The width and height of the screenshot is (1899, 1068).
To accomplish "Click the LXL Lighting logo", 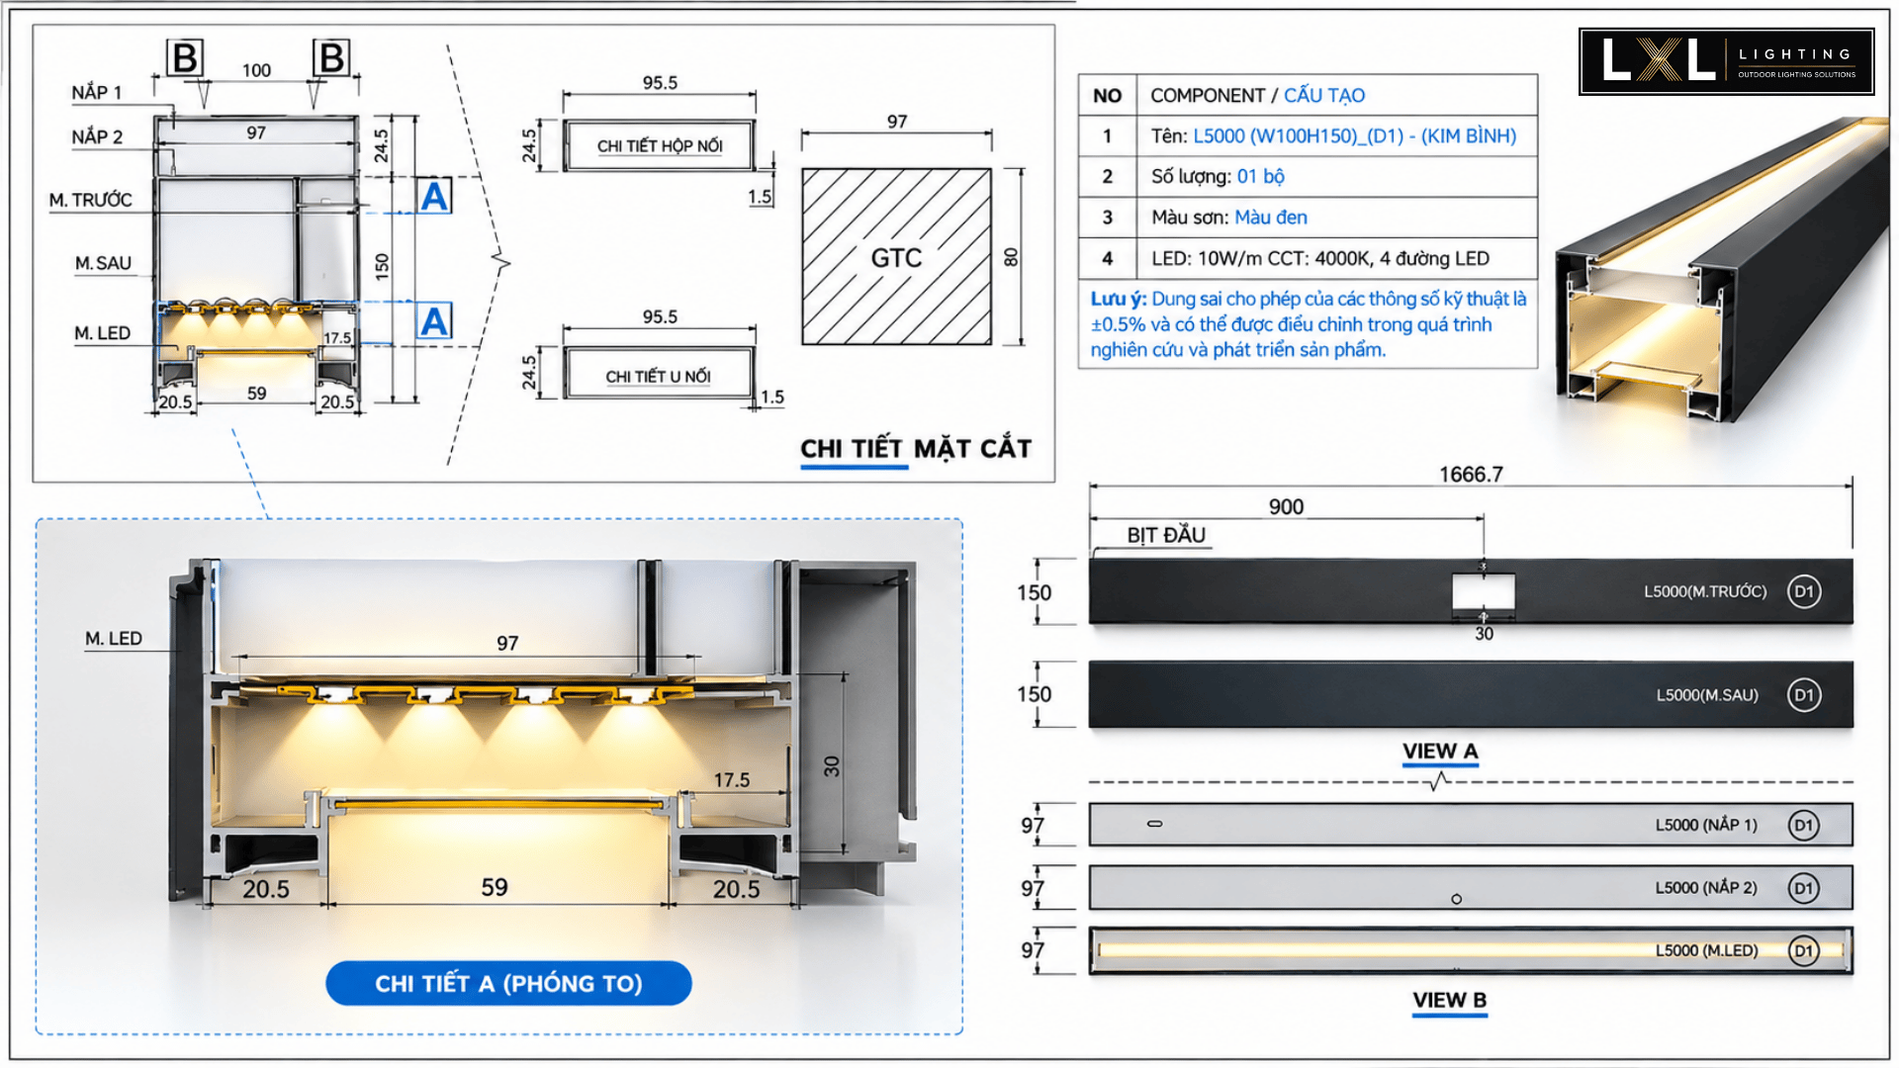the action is click(x=1726, y=61).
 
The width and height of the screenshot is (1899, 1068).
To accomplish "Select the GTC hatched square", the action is click(x=896, y=256).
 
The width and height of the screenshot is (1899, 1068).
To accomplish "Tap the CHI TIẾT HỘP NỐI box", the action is click(x=659, y=145).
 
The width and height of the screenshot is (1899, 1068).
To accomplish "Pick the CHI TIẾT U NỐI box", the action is click(x=659, y=373).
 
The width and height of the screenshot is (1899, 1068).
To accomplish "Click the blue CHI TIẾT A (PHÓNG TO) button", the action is click(x=508, y=983).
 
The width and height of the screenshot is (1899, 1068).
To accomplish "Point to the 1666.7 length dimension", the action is click(x=1471, y=475).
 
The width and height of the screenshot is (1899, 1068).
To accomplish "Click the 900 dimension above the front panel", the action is click(x=1286, y=506).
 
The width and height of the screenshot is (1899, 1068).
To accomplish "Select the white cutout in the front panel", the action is click(x=1483, y=592).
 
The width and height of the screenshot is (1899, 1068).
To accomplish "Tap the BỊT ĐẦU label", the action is click(x=1166, y=535).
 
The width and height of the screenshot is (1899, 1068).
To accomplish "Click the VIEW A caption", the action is click(x=1440, y=752).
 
